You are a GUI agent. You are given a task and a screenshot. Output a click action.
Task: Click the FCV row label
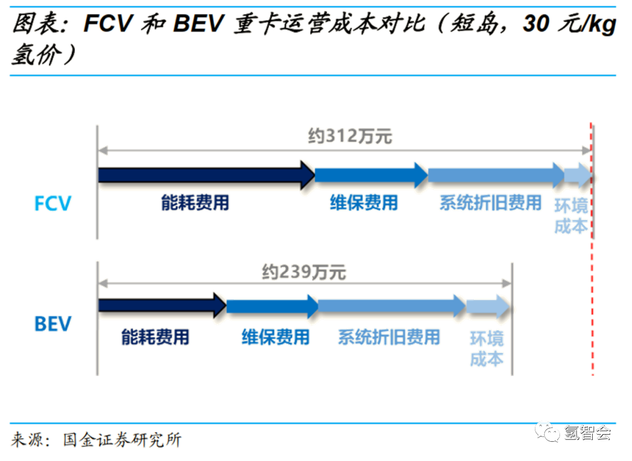[x=53, y=203]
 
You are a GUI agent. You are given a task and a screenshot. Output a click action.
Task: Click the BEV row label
[x=53, y=323]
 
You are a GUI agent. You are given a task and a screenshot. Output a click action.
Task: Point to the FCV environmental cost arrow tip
[x=579, y=174]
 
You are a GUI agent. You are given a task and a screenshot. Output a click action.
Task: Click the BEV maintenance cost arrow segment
[x=272, y=305]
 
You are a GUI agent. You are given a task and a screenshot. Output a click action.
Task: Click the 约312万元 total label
[x=350, y=137]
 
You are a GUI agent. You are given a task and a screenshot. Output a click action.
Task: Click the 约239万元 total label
[x=304, y=272]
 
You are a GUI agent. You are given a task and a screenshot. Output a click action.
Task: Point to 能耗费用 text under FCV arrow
[x=195, y=203]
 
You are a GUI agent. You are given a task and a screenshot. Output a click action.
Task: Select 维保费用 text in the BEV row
[x=275, y=337]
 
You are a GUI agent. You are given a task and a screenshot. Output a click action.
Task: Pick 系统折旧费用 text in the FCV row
[x=490, y=203]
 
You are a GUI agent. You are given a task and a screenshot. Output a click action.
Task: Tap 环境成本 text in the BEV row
[x=486, y=349]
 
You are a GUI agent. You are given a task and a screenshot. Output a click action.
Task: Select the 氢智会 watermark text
[x=588, y=432]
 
